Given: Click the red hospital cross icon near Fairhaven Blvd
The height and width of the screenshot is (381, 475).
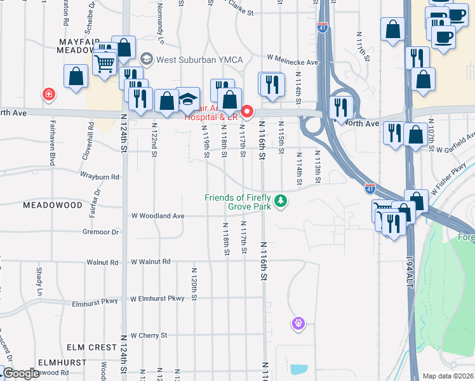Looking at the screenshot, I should (48, 95).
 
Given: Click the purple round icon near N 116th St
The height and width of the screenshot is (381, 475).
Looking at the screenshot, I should (298, 324).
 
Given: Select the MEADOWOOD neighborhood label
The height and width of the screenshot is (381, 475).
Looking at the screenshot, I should (53, 205).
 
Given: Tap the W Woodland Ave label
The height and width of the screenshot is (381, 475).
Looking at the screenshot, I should (157, 216).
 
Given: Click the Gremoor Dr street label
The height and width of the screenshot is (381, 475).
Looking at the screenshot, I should (101, 232).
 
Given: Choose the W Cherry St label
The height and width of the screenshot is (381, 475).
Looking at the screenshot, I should (149, 335).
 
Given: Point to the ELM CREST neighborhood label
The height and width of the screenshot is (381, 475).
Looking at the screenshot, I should (92, 348).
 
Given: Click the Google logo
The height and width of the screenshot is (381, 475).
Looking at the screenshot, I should (21, 373).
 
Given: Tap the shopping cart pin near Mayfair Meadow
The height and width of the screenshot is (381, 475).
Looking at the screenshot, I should (104, 63).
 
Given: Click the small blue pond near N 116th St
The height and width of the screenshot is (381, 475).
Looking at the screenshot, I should (297, 368).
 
